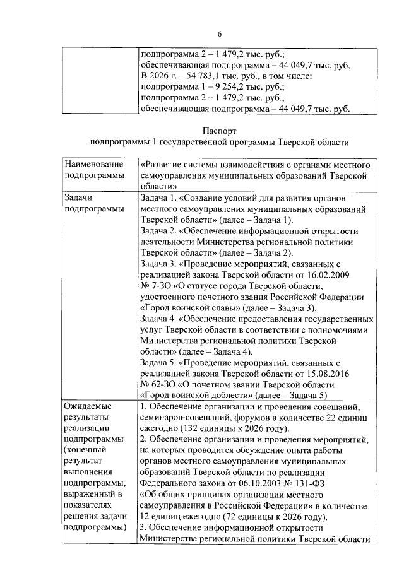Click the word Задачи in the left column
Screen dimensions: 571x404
click(x=79, y=197)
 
